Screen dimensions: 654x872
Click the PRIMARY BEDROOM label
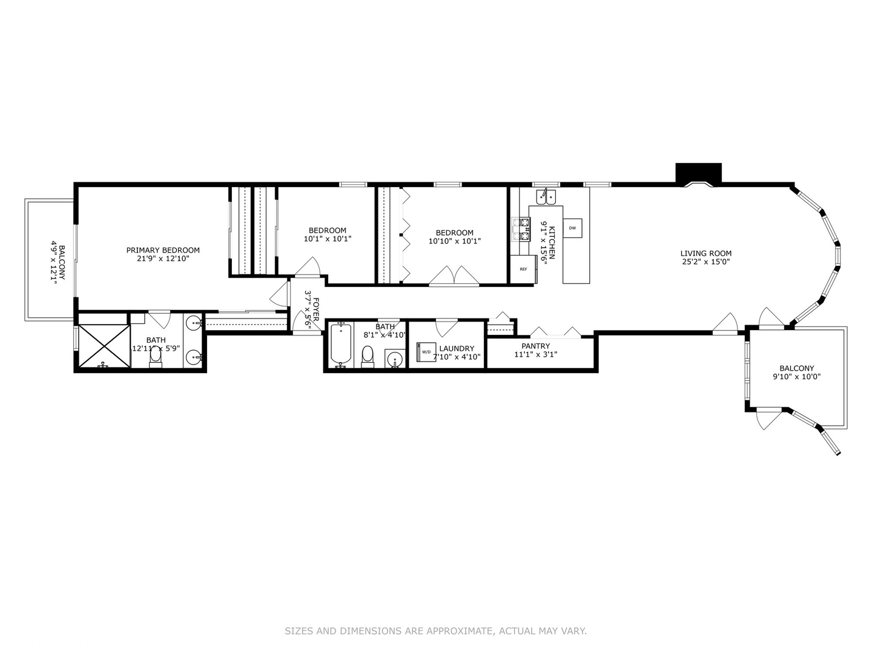click(163, 250)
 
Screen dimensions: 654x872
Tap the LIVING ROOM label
click(705, 254)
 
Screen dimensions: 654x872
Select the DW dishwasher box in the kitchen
click(572, 228)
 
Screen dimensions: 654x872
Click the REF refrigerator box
click(523, 269)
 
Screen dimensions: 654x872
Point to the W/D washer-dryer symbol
click(426, 352)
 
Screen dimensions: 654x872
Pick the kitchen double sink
click(546, 196)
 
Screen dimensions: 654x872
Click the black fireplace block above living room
click(698, 173)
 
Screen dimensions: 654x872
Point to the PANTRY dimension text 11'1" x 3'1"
click(535, 355)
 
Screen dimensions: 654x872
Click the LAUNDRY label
click(457, 348)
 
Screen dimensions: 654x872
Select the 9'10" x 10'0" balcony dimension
click(796, 377)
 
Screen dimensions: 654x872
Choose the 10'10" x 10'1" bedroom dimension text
click(454, 241)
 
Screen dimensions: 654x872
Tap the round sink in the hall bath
click(395, 359)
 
